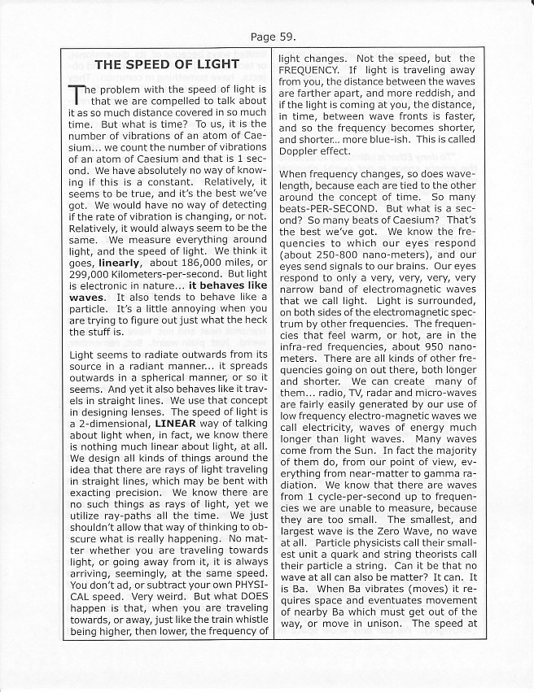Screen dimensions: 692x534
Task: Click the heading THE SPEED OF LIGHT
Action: tap(167, 63)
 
